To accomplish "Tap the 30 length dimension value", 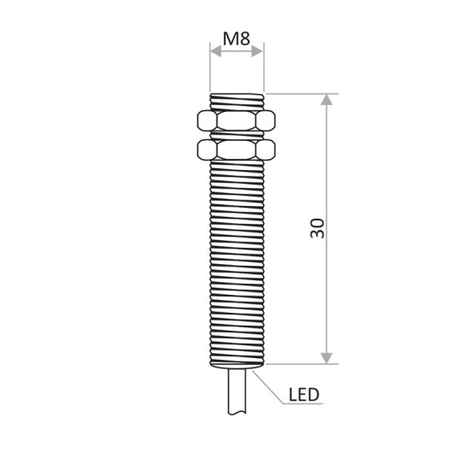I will point(317,228).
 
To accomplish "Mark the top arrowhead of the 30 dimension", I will point(326,100).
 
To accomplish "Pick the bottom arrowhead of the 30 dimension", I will point(326,356).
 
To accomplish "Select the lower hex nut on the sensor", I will point(237,150).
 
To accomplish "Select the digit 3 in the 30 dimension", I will point(317,234).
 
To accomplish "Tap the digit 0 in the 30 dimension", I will point(317,222).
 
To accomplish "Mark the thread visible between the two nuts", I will point(237,134).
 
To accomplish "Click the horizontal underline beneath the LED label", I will point(303,406).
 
